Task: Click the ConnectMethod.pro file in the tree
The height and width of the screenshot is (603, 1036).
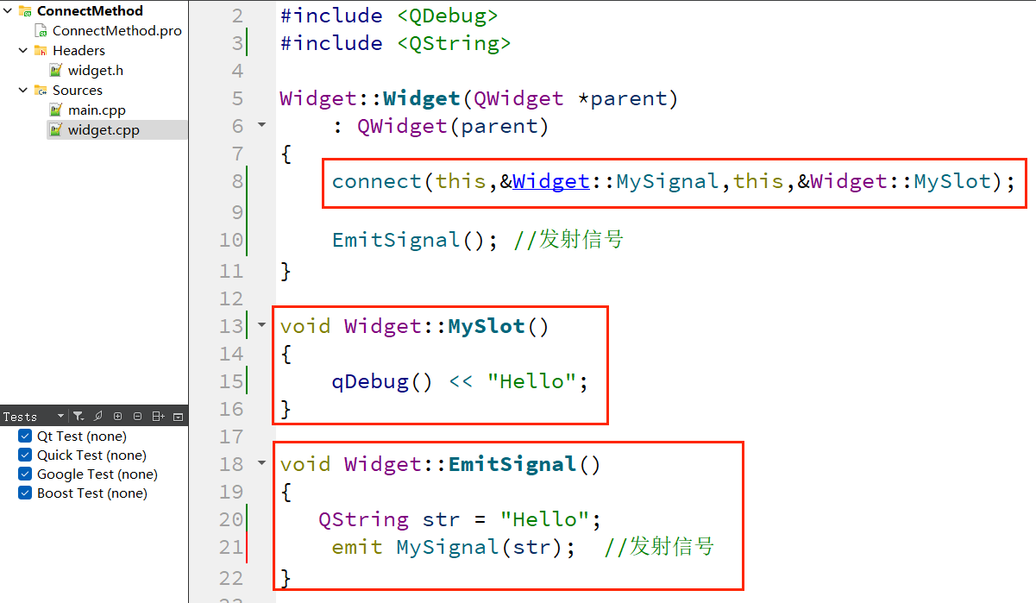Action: tap(116, 31)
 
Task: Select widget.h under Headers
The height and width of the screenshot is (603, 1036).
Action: tap(95, 71)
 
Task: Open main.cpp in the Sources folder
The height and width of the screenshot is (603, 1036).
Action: tap(97, 110)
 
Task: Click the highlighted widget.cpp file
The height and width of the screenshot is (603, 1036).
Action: tap(103, 130)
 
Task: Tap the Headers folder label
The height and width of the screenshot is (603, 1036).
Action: tap(78, 51)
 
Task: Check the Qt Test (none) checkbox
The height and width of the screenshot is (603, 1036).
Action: tap(25, 437)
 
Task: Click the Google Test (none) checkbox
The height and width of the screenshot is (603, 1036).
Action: tap(25, 474)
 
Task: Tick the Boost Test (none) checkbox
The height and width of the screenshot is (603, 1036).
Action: tap(25, 493)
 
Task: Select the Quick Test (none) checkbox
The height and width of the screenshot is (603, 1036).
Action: tap(25, 455)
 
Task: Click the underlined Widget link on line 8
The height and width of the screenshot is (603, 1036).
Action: tap(550, 181)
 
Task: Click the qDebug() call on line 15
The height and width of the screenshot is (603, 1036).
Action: tap(381, 381)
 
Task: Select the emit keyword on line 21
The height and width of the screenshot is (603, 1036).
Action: tap(356, 547)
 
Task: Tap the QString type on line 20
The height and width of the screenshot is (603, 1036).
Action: tap(363, 519)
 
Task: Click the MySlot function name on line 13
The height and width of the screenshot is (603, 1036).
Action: tap(487, 326)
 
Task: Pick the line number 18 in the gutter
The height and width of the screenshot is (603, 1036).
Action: tap(231, 464)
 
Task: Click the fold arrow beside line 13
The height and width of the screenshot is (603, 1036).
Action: tap(262, 326)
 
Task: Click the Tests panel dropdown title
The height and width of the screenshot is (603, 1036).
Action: tap(33, 417)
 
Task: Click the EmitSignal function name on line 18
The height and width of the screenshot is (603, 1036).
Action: tap(512, 464)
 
